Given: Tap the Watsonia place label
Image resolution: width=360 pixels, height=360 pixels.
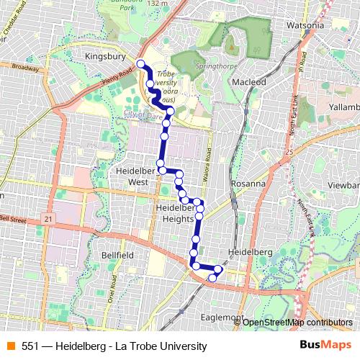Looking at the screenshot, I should pos(305,26).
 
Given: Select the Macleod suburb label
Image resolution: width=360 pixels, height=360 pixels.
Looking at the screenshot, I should pos(248,82).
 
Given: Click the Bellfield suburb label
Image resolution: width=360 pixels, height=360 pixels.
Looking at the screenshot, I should pos(117,255).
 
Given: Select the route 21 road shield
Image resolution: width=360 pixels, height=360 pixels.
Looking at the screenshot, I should pos(48,218).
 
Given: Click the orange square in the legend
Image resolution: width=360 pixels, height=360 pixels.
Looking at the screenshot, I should pos(10,346).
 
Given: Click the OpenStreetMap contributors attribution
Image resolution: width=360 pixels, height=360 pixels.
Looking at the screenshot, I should pos(297,322).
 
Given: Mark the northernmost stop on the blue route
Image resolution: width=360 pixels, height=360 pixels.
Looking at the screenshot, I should pos(140,63).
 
